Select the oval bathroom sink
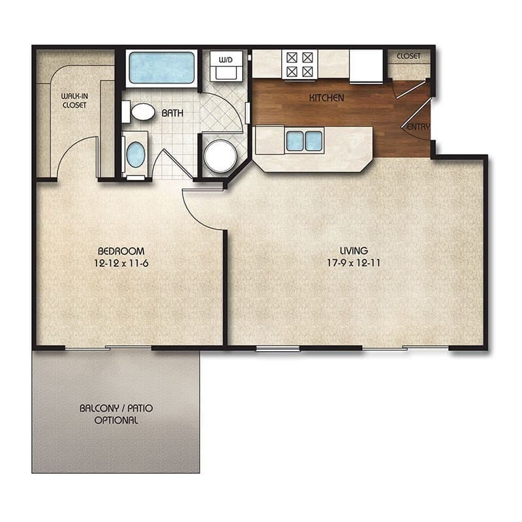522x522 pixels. tap(135, 155)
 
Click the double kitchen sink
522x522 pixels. tap(304, 140)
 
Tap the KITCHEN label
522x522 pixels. tap(326, 99)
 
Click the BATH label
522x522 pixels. tap(172, 113)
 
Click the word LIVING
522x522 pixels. tap(354, 251)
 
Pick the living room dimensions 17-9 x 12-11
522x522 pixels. tap(354, 263)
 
